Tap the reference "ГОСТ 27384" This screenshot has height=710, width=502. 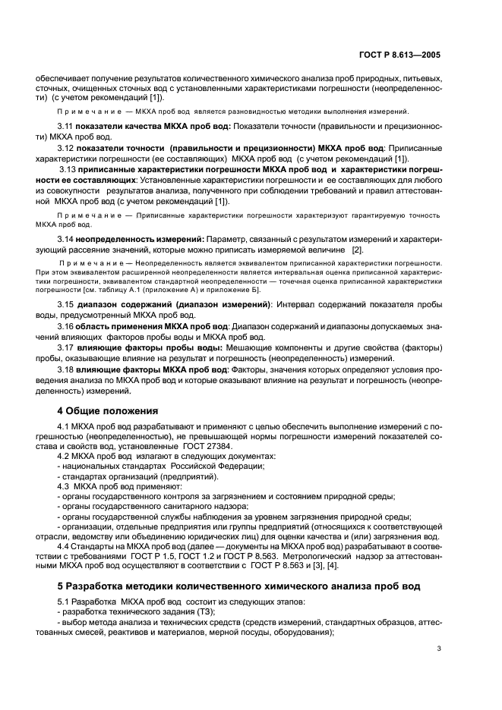point(274,446)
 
